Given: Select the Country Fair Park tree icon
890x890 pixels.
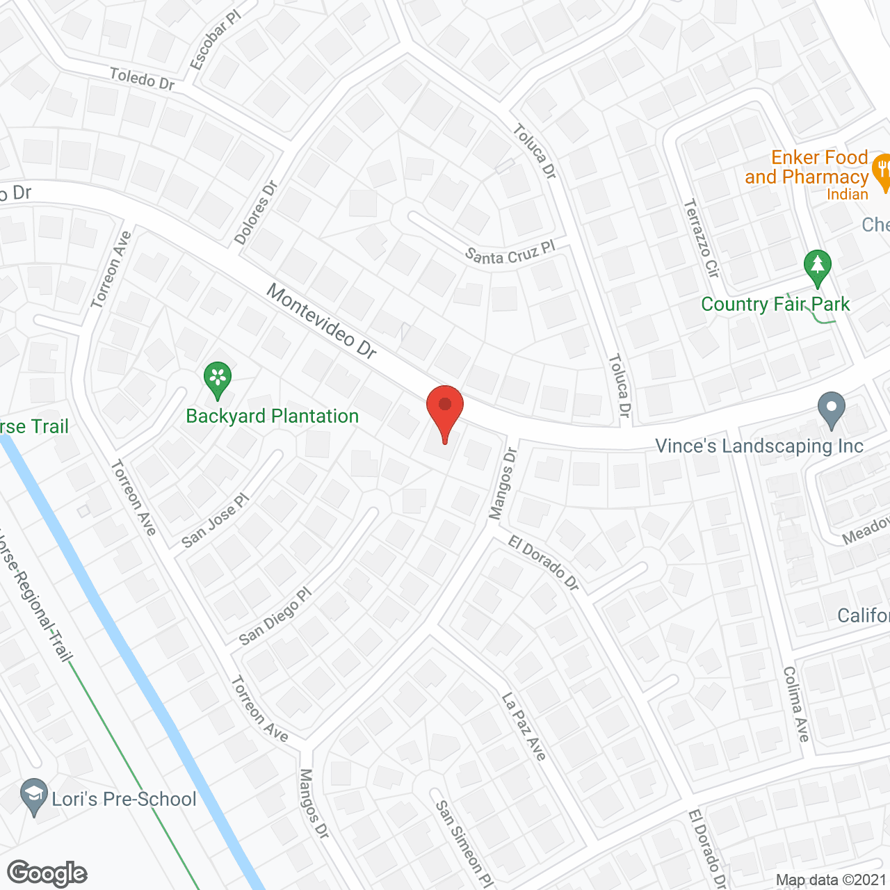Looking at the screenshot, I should tap(818, 266).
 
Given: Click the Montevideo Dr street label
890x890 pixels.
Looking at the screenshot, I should tap(322, 323).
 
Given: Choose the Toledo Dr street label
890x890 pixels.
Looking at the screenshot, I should tap(142, 79).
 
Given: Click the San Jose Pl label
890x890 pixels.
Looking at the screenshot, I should tap(215, 521).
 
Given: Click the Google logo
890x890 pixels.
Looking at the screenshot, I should tap(47, 873).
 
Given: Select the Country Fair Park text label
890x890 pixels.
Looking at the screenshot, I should tap(775, 305).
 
